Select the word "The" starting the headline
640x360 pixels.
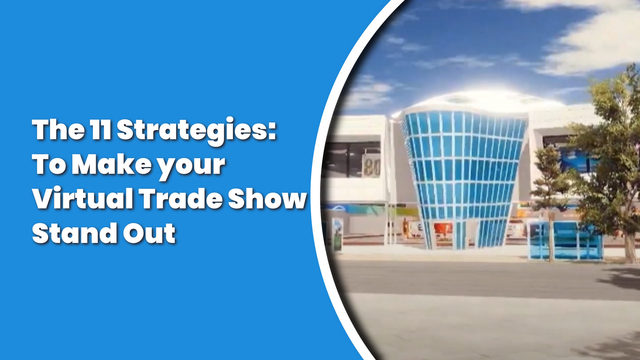pyautogui.click(x=58, y=129)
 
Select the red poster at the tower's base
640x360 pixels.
pyautogui.click(x=443, y=230)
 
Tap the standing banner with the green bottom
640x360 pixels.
pyautogui.click(x=337, y=234)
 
